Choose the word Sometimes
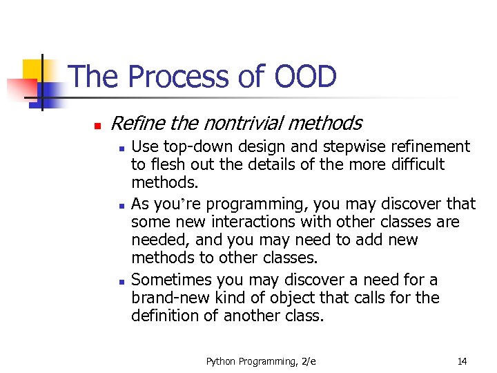tap(172, 280)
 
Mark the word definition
tap(163, 316)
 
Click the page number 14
tap(461, 361)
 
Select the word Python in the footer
tap(220, 361)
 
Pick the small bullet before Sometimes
tap(120, 282)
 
